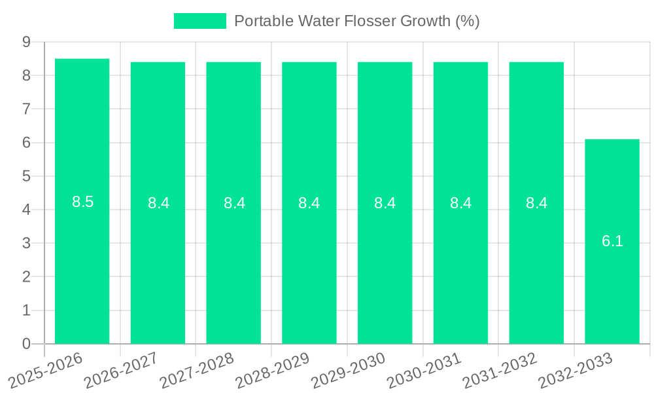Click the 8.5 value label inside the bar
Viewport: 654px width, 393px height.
[x=83, y=202]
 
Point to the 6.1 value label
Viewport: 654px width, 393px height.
[x=612, y=241]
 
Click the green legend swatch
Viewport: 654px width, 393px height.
[x=199, y=21]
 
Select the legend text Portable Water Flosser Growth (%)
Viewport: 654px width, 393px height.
[x=357, y=21]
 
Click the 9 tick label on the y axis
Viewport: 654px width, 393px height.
[x=26, y=42]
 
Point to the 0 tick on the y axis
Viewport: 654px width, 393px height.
[x=26, y=344]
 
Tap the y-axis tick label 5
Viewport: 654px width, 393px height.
[x=26, y=176]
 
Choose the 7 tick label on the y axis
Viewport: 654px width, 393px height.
[x=26, y=109]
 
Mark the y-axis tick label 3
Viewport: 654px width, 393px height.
[x=26, y=243]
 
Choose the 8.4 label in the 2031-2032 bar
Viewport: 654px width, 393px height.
[x=536, y=203]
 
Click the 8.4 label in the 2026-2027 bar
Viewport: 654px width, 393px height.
[x=158, y=203]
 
